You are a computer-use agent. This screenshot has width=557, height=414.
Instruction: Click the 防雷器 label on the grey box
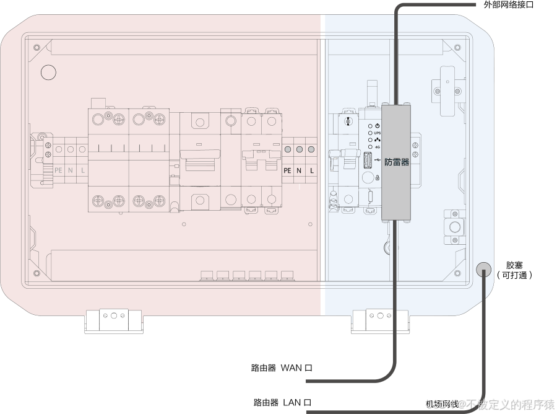(x=397, y=162)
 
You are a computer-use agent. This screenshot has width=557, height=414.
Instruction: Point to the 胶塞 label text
(x=514, y=265)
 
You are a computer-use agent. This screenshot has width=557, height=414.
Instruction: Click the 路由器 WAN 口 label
(x=282, y=368)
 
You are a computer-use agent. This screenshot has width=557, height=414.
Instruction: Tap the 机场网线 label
(x=442, y=404)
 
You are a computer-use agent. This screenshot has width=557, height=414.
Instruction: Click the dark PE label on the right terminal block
(x=287, y=170)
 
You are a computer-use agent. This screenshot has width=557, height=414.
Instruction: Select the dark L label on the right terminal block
(x=312, y=170)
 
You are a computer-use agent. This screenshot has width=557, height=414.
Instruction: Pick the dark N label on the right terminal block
(x=300, y=170)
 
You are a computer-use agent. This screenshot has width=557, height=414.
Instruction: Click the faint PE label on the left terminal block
(x=58, y=170)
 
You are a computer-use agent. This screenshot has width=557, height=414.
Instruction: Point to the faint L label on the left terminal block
(x=83, y=170)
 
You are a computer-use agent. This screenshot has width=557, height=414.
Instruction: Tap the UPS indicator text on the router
(x=378, y=133)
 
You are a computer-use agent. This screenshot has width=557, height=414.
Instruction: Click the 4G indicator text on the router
(x=378, y=147)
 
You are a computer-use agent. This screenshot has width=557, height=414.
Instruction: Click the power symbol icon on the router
(x=378, y=126)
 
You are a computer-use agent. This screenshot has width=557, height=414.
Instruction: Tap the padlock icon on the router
(x=377, y=177)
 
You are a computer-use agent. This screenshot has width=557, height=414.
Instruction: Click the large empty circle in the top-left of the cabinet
(x=48, y=73)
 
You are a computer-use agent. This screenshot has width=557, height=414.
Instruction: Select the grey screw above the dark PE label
(x=288, y=150)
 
